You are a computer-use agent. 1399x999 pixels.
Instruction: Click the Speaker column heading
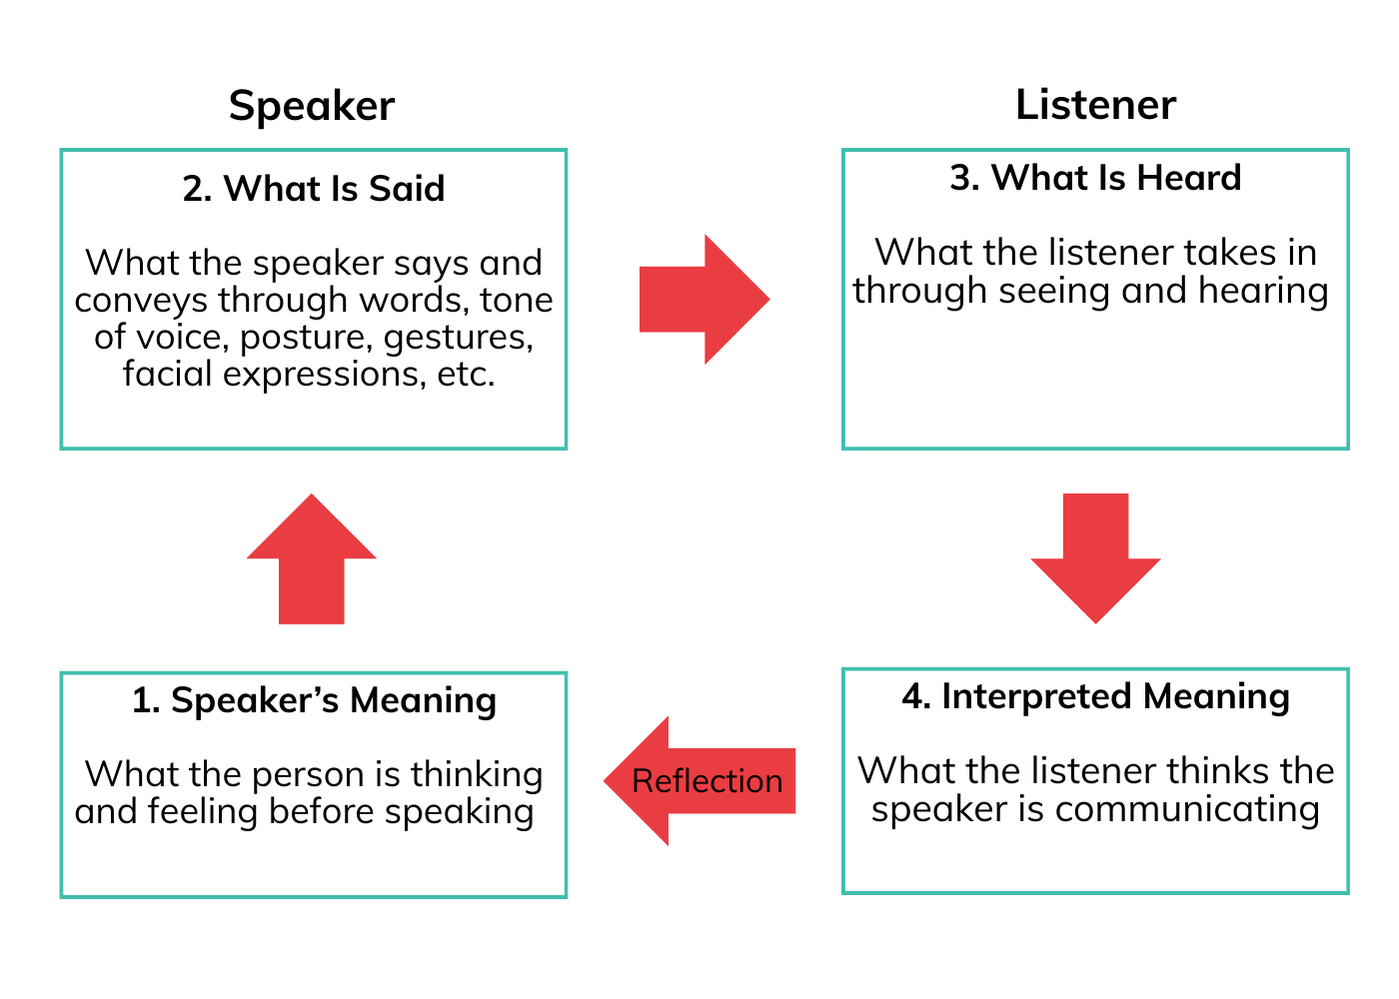click(x=312, y=106)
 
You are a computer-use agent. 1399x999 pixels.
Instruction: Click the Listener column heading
click(x=1095, y=105)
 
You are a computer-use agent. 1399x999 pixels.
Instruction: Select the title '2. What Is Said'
click(x=314, y=188)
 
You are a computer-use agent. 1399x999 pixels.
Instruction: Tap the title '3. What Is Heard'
click(x=1095, y=178)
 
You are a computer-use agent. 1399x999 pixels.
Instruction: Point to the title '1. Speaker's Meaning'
click(x=314, y=700)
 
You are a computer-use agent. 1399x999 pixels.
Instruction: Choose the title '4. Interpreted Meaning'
click(x=1095, y=696)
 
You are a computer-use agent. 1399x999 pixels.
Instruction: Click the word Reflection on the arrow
click(x=707, y=781)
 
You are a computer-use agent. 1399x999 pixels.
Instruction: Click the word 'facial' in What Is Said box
click(x=168, y=375)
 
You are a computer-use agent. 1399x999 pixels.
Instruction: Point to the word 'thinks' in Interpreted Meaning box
click(x=1218, y=770)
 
